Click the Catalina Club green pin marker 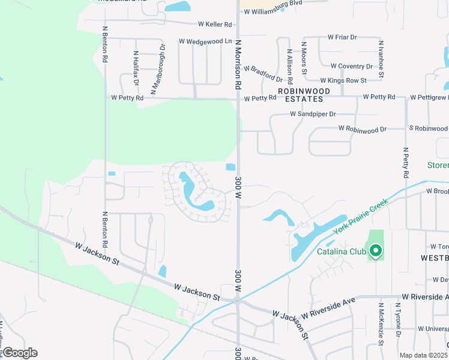(376, 251)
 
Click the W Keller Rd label (215, 25)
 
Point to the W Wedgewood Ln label (205, 41)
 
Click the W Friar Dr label (342, 37)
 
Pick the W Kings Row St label (343, 80)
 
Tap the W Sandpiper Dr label (313, 113)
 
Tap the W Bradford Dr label (262, 74)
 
